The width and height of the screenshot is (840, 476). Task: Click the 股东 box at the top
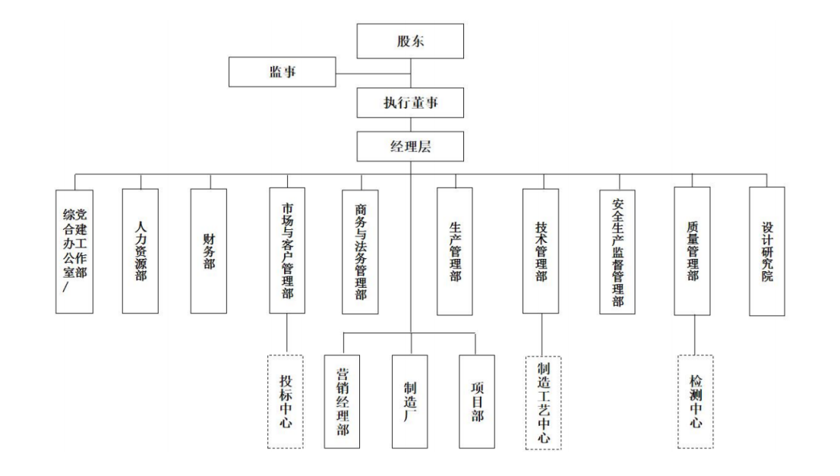[410, 41]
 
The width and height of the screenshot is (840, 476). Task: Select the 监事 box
[283, 72]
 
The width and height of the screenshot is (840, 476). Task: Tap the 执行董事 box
[410, 102]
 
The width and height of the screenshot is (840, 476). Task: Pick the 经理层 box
[410, 147]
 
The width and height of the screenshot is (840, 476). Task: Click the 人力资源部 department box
[141, 251]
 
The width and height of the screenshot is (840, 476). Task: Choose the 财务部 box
[208, 251]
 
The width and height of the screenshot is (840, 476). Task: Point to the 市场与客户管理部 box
[287, 250]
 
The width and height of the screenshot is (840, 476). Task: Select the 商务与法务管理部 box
[360, 251]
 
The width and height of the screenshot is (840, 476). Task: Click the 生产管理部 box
[455, 251]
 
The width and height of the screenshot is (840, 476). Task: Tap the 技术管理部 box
[541, 251]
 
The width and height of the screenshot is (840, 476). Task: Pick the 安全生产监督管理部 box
[617, 251]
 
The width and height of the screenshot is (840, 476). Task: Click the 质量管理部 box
[692, 251]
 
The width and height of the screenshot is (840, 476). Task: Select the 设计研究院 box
[767, 251]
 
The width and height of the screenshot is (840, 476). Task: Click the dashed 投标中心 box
[286, 402]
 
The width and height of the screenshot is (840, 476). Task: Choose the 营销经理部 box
[342, 402]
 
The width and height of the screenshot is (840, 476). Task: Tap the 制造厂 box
[410, 402]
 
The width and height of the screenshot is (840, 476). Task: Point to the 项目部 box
[477, 402]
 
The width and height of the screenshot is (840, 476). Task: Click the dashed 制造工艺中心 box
[543, 402]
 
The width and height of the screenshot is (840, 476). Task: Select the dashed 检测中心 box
[696, 402]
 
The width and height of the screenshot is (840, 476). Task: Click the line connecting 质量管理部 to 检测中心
[695, 336]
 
